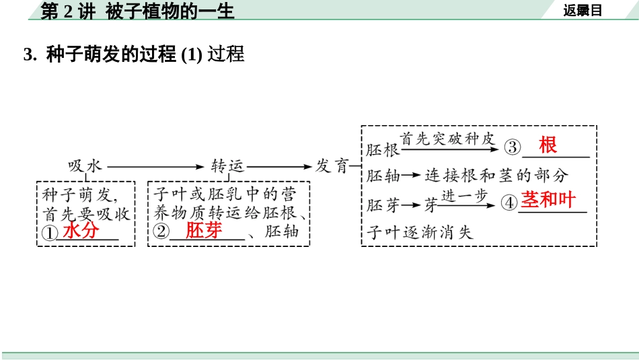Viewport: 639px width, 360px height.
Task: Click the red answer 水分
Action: [x=81, y=231]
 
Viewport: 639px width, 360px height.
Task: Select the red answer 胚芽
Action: [x=203, y=231]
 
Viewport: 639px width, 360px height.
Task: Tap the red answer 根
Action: [x=548, y=145]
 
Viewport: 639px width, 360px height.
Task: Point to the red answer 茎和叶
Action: [x=549, y=201]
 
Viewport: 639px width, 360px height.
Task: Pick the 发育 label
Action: [x=332, y=166]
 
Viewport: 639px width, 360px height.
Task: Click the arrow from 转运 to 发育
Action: [x=282, y=166]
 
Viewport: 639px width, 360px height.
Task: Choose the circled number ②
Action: [x=161, y=232]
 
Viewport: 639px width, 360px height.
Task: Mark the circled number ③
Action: [x=513, y=147]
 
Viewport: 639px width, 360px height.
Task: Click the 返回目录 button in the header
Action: [x=582, y=10]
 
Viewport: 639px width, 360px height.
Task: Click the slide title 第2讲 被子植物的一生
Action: [x=137, y=10]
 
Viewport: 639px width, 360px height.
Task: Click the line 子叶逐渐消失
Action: [x=420, y=233]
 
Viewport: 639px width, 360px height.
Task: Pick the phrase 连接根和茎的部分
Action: [x=496, y=176]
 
